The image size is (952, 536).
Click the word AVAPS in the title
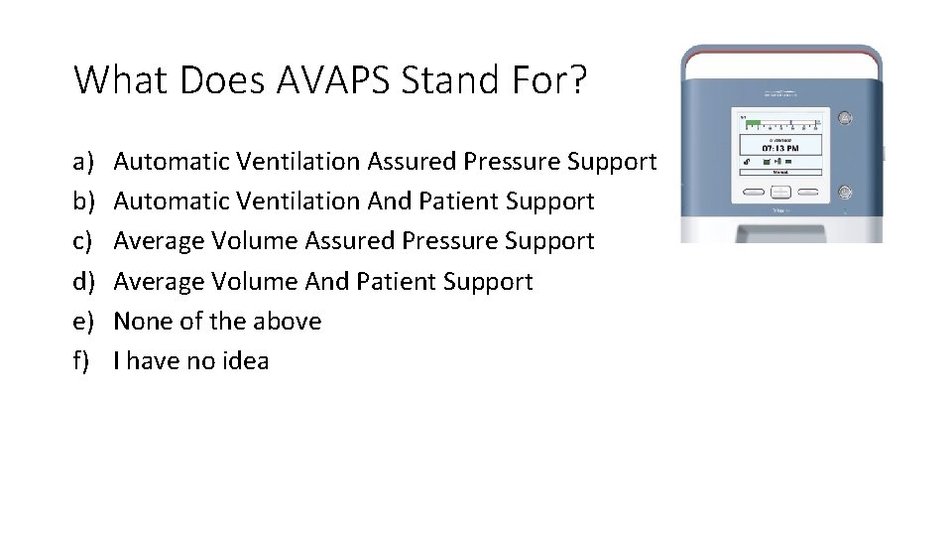322,79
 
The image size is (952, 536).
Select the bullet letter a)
82,161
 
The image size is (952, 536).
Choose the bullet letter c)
82,241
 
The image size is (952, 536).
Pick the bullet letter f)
81,360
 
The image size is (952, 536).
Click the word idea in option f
244,360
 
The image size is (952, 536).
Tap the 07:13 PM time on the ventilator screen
780,148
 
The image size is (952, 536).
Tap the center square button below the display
780,193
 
